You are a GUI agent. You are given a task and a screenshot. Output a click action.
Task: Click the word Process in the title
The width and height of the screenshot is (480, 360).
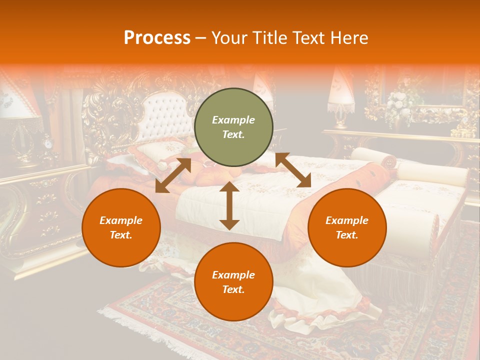(157, 38)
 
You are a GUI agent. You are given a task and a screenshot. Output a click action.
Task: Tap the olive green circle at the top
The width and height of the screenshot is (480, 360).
(233, 127)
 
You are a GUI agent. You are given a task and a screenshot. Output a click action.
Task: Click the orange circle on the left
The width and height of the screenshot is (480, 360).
(121, 227)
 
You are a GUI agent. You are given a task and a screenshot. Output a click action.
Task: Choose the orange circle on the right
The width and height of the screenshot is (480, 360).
(347, 227)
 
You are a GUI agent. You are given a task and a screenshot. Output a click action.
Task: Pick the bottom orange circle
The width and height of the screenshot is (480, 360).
(233, 282)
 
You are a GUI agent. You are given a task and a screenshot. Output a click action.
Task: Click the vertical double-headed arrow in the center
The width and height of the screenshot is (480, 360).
(229, 205)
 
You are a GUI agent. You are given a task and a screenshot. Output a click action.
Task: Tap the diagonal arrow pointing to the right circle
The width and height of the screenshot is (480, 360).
(293, 170)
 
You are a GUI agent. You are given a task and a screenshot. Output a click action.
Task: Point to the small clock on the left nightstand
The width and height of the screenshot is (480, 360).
(48, 144)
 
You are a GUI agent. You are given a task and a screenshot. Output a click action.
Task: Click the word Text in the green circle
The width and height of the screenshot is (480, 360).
(233, 135)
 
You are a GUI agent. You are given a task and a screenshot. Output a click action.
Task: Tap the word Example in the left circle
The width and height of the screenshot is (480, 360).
(121, 220)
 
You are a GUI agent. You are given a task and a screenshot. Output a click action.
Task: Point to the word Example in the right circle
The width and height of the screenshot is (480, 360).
(347, 220)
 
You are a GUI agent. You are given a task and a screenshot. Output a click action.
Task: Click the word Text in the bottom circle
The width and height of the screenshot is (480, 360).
(233, 289)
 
